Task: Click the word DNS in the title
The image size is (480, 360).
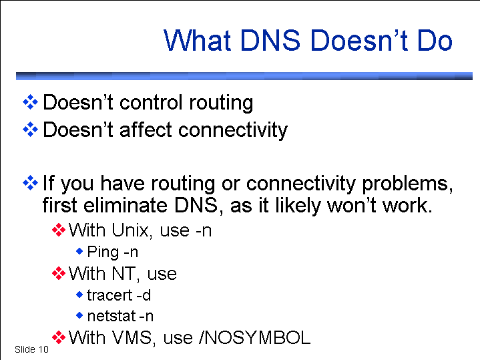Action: tap(270, 40)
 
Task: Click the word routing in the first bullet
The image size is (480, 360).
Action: tap(221, 104)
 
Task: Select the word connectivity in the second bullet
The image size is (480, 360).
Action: tap(233, 130)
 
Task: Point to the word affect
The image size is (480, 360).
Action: tap(146, 130)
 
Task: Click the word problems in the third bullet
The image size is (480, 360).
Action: tap(407, 184)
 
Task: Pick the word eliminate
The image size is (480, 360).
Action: tap(126, 205)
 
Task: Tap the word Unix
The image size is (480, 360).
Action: tap(132, 230)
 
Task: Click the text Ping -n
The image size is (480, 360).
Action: tap(113, 252)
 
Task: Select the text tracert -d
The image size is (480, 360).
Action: tap(119, 295)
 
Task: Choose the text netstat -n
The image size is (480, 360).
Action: tap(120, 316)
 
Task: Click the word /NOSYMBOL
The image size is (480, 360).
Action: tap(255, 338)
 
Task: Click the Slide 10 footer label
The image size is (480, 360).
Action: tap(31, 349)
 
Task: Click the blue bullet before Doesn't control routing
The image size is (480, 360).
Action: tap(30, 102)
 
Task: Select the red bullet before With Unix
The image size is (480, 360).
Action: tap(59, 230)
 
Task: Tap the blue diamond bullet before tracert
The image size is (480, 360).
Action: tap(79, 295)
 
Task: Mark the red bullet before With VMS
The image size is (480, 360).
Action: tap(59, 338)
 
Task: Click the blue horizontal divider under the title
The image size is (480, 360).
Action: tap(244, 76)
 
